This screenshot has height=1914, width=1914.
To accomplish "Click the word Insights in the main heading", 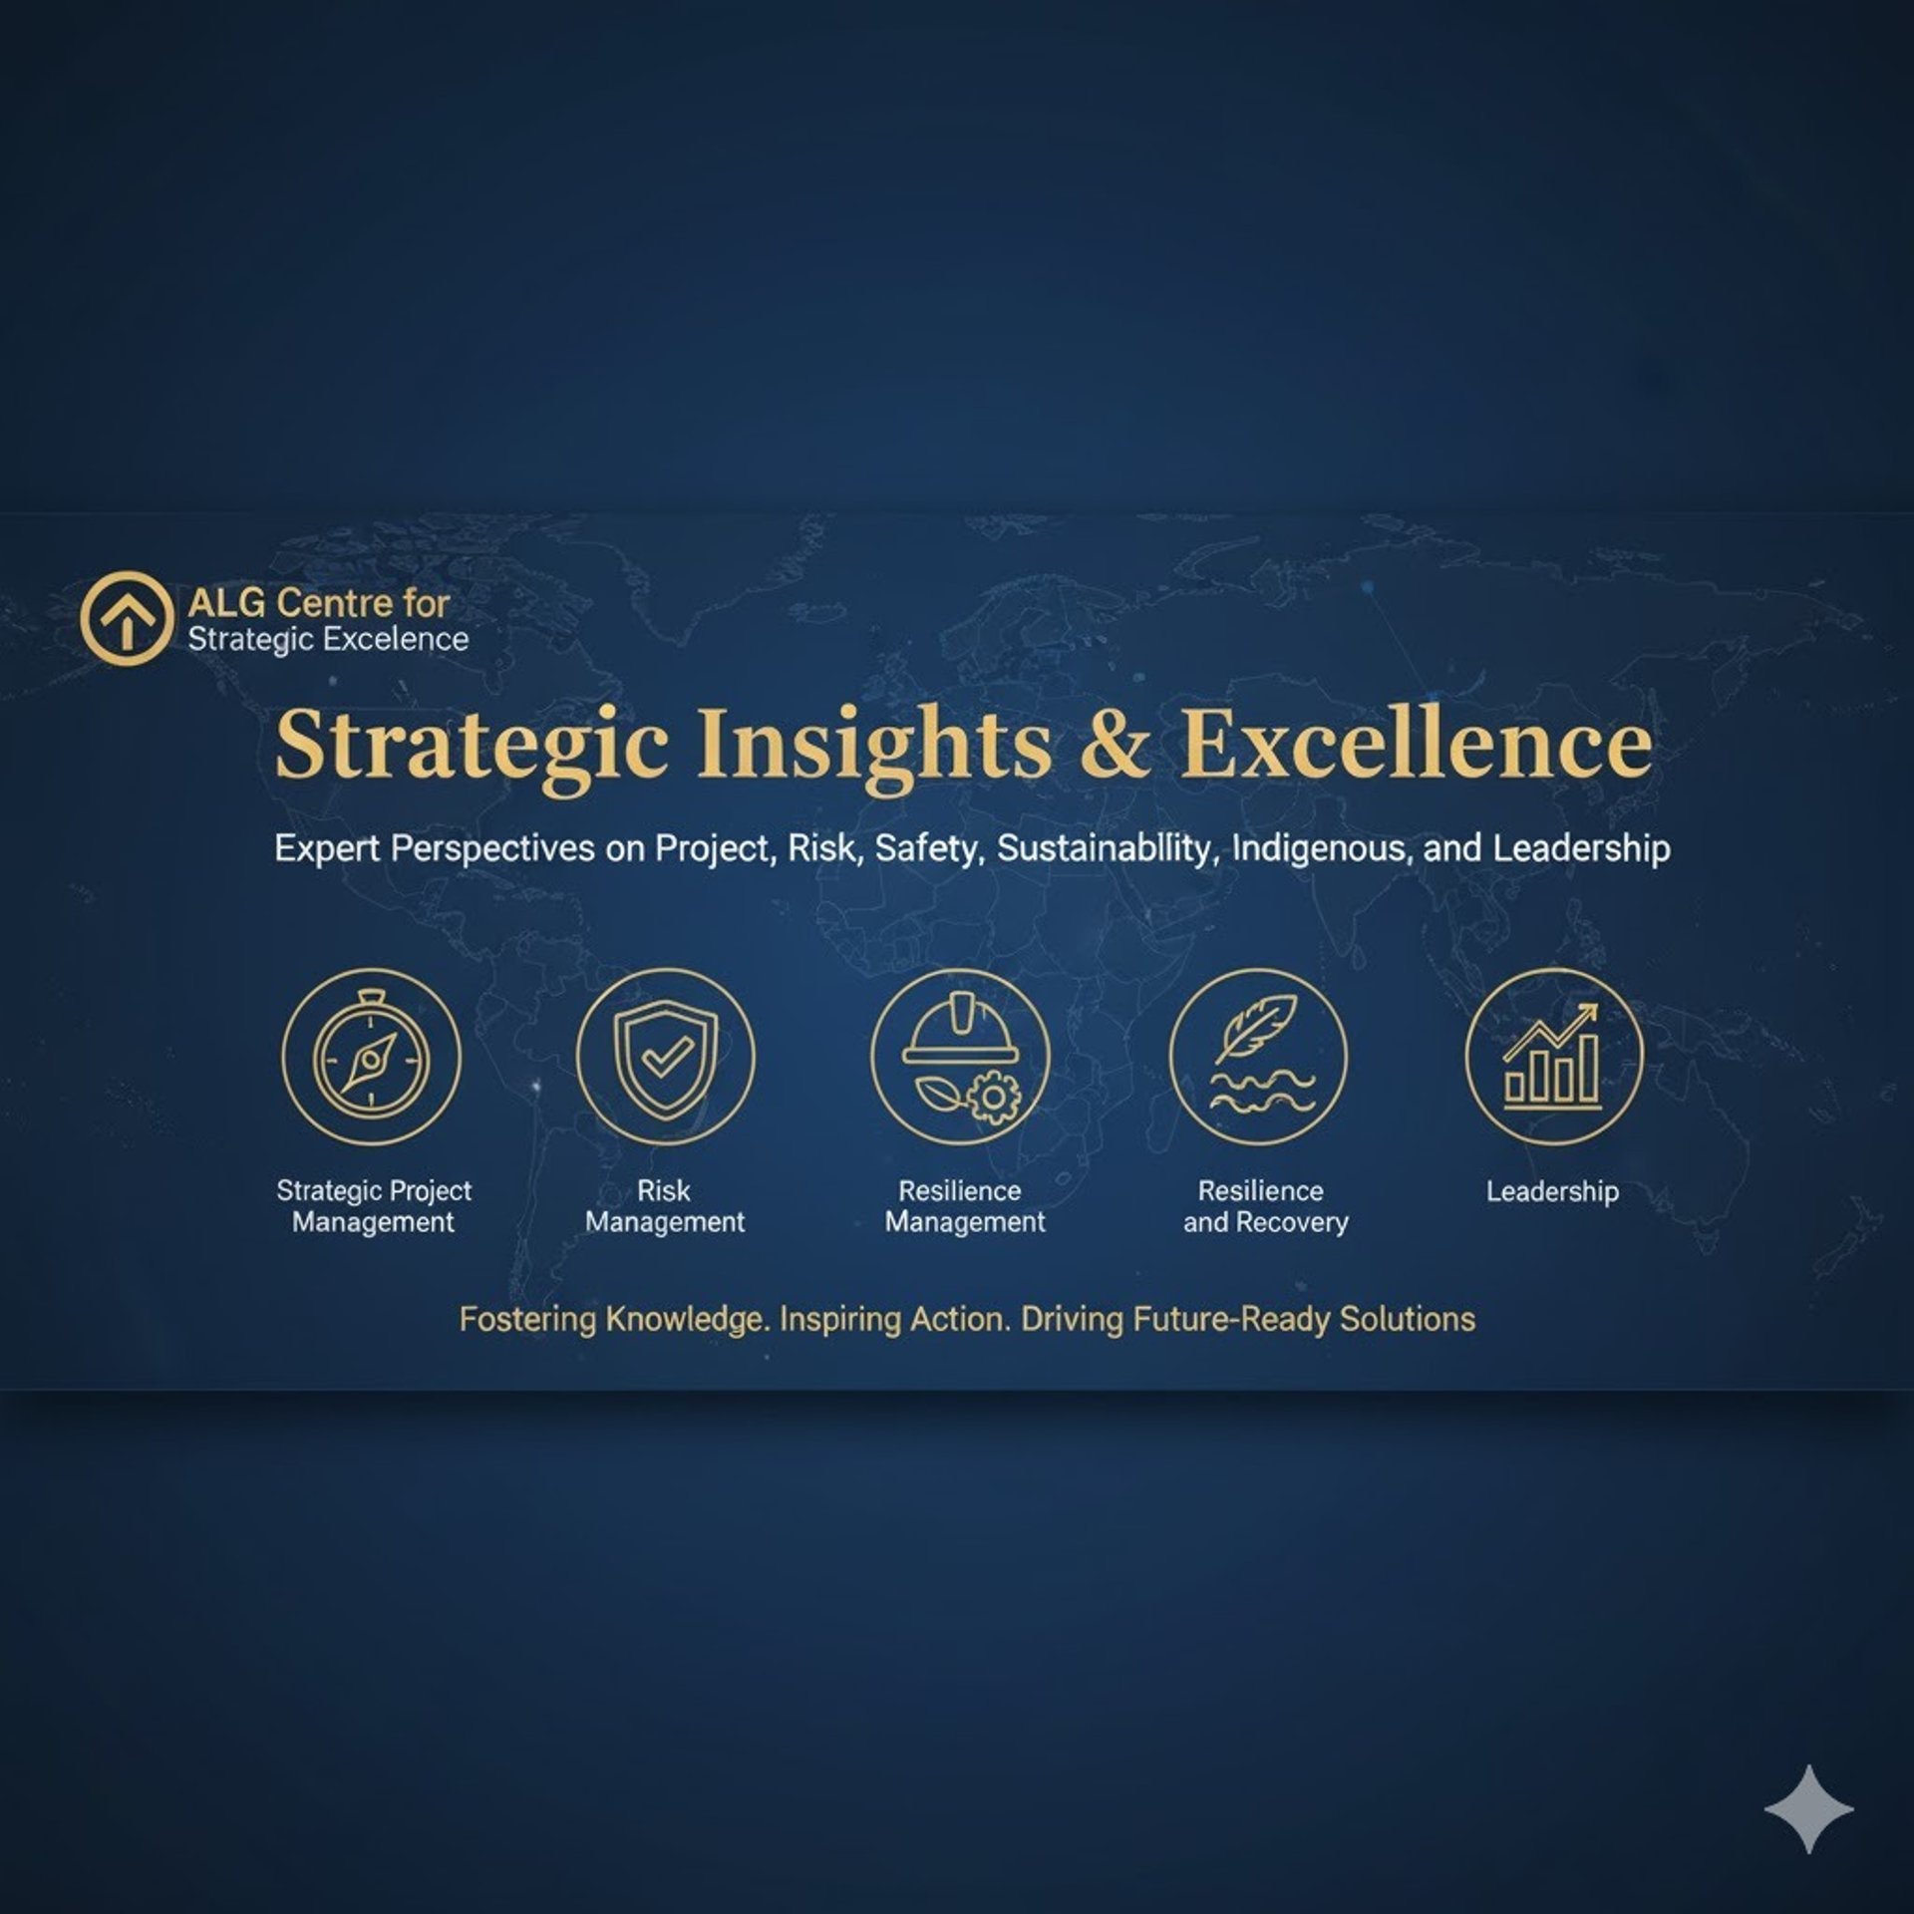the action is tap(873, 747).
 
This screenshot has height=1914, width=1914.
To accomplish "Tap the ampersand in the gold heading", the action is tap(1114, 747).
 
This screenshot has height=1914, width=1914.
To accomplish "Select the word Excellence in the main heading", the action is tap(1417, 746).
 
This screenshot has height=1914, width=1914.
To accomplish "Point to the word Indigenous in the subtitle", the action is tap(1320, 849).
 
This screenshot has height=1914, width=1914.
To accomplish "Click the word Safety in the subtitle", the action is tap(929, 849).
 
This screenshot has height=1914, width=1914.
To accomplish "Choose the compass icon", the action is tap(371, 1058).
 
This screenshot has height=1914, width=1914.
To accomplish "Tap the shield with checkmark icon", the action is tap(665, 1058).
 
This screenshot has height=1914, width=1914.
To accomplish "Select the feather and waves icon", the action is tap(1258, 1058).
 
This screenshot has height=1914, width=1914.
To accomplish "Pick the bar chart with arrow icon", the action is tap(1553, 1058).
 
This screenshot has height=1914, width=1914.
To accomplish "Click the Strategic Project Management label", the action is tap(374, 1206).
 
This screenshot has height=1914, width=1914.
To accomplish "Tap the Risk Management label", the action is tap(665, 1206).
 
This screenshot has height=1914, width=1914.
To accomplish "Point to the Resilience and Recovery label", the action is tap(1265, 1206).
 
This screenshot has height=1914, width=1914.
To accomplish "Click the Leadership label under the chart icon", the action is tap(1552, 1192).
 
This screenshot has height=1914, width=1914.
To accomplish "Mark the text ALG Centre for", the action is tap(318, 603).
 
